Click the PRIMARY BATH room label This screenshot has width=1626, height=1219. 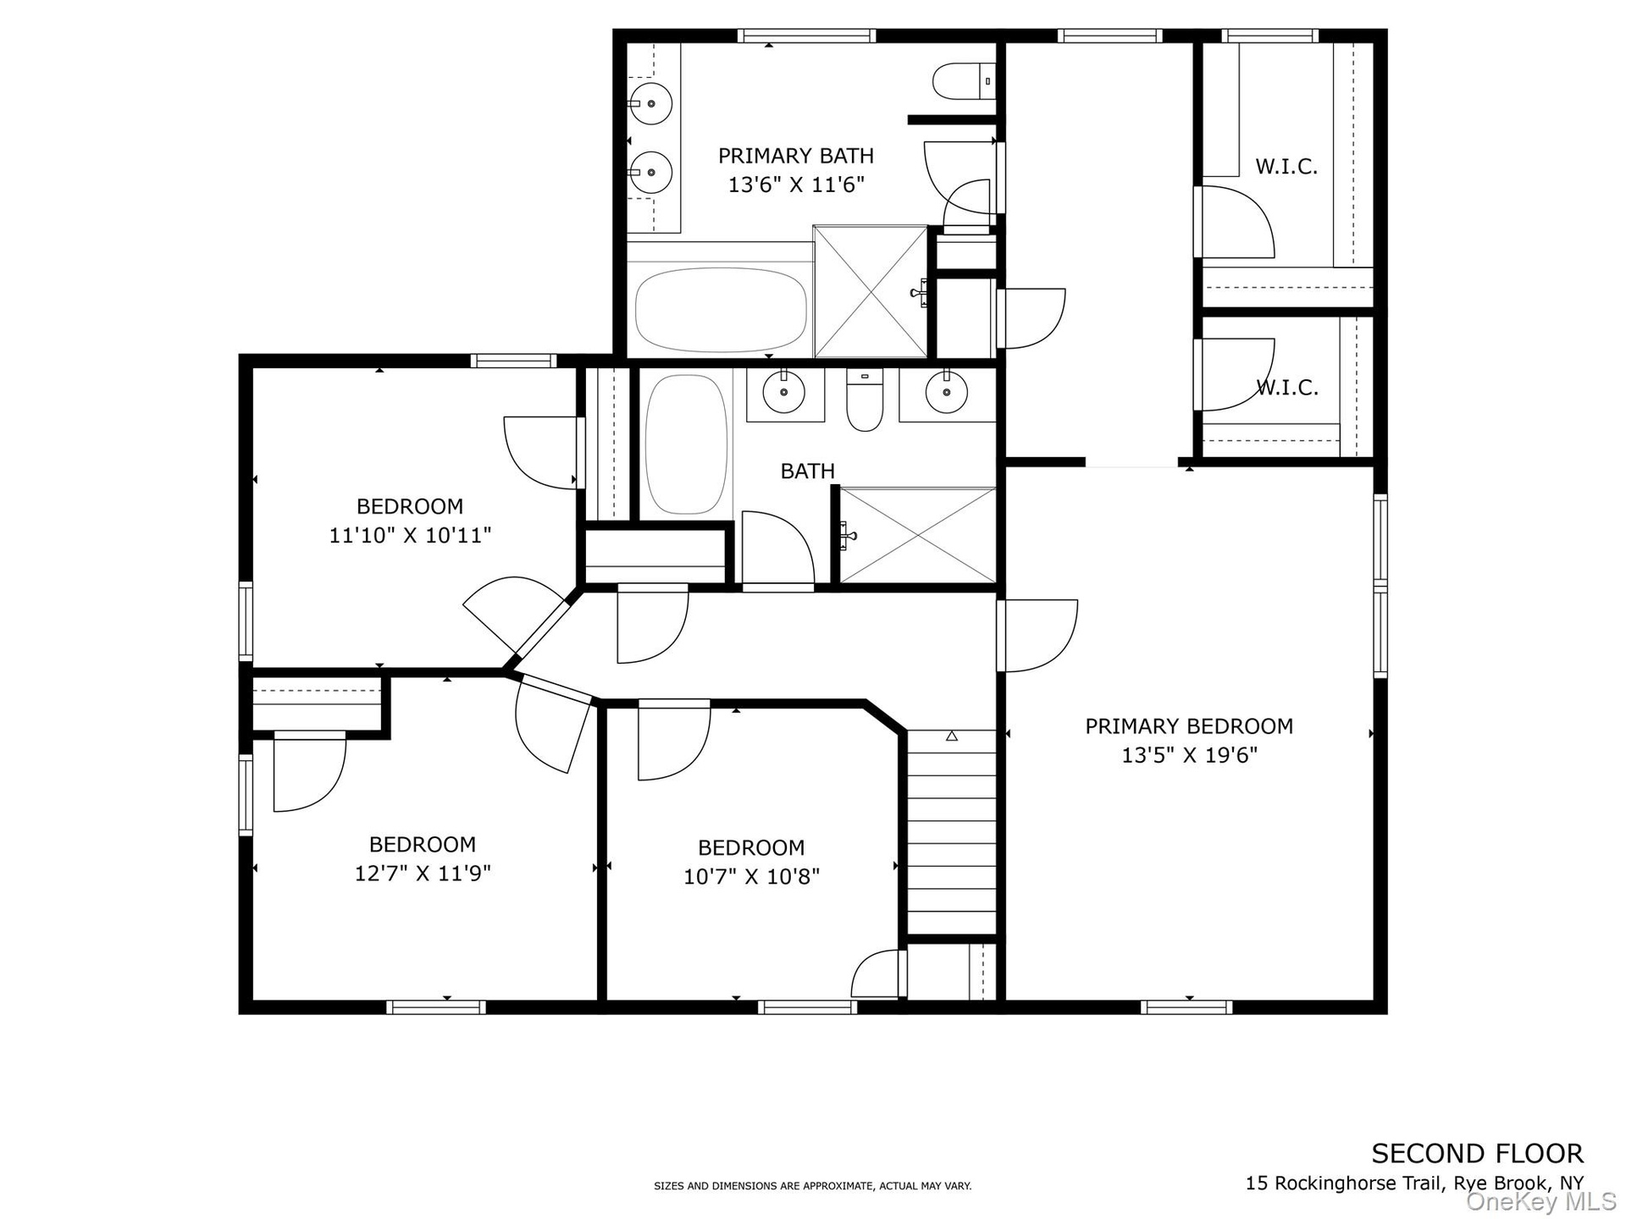pyautogui.click(x=795, y=156)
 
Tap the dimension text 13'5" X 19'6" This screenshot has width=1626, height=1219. pyautogui.click(x=1189, y=755)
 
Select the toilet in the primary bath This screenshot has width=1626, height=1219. pyautogui.click(x=964, y=81)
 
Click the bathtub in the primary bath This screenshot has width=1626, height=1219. pyautogui.click(x=721, y=309)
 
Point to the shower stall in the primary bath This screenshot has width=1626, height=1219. pyautogui.click(x=871, y=291)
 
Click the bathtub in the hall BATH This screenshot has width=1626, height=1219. pyautogui.click(x=686, y=444)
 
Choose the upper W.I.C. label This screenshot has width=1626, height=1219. pyautogui.click(x=1286, y=167)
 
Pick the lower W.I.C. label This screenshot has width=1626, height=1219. pyautogui.click(x=1286, y=388)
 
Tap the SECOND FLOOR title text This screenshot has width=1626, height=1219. pyautogui.click(x=1477, y=1153)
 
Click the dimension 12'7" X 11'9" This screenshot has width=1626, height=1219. pyautogui.click(x=422, y=874)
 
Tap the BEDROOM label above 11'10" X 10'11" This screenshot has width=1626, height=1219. pyautogui.click(x=410, y=507)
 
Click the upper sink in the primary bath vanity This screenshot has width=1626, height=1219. pyautogui.click(x=650, y=103)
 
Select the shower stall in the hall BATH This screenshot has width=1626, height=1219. pyautogui.click(x=917, y=535)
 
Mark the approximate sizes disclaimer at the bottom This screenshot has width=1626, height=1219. pyautogui.click(x=812, y=1186)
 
